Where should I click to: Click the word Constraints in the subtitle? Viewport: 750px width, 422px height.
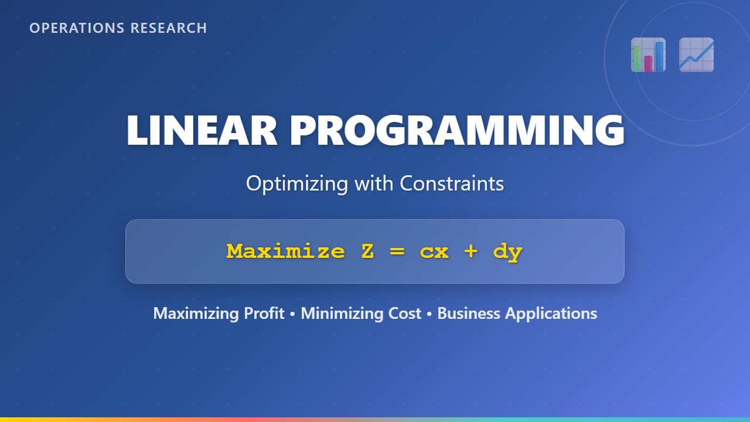(452, 183)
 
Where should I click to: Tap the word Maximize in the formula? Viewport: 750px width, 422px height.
(285, 251)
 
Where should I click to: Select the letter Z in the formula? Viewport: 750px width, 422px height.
(367, 251)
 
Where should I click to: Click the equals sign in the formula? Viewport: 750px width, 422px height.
(397, 252)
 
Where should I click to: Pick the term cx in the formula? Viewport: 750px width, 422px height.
(434, 252)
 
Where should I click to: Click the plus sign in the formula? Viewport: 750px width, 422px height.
(471, 252)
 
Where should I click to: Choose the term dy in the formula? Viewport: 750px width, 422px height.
(507, 252)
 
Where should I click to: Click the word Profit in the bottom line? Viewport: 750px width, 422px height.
(264, 314)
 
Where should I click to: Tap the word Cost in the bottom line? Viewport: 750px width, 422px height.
(405, 314)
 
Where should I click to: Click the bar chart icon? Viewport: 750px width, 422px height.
(648, 55)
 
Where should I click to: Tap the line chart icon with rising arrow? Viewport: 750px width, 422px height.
(696, 55)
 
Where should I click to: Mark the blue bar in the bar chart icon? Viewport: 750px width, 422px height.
(659, 56)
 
